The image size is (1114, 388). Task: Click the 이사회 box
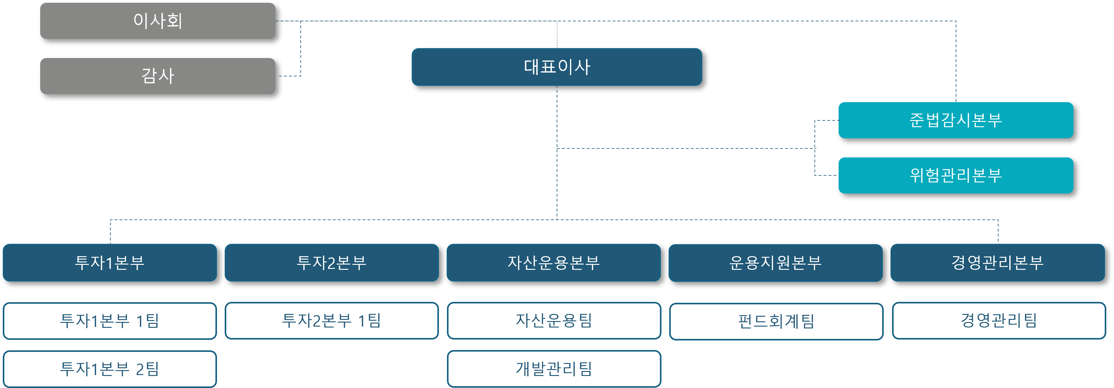coord(157,21)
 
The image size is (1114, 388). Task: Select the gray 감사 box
coord(157,76)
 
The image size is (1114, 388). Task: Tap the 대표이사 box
coord(557,67)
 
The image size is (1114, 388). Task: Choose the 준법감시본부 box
coord(955,120)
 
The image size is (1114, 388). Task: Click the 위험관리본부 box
coord(955,175)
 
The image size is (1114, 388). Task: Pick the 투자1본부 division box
coord(109,263)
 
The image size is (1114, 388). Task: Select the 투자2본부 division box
coord(331,263)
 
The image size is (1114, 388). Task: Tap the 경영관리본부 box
coord(997,263)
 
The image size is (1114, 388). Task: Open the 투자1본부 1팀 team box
coord(109,321)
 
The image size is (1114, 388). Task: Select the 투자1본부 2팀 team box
coord(109,369)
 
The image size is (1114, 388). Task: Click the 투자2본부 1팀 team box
coord(331,321)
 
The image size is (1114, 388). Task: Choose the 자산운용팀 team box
coord(554,321)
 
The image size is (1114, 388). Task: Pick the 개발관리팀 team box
coord(554,369)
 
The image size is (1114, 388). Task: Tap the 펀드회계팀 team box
coord(776,321)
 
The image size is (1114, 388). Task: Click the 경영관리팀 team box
coord(998,321)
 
